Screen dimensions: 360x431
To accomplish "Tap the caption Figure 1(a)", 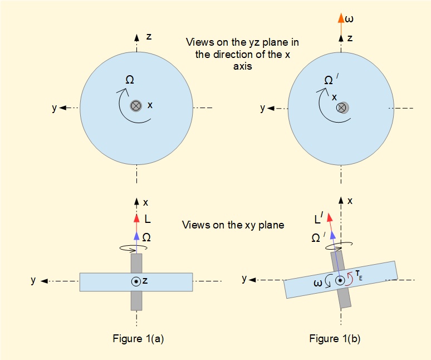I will point(136,338).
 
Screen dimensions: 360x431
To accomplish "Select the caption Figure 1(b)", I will point(340,338).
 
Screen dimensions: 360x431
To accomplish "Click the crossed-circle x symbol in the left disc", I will point(136,105).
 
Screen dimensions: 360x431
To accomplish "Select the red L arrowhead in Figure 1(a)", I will point(136,217).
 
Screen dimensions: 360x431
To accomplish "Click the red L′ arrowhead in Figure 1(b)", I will point(329,217).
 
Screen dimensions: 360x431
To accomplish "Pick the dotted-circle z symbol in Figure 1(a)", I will point(136,281).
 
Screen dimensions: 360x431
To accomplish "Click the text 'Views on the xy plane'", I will point(233,225).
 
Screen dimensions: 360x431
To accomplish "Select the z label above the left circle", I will point(149,37).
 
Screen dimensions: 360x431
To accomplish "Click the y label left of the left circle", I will point(54,108).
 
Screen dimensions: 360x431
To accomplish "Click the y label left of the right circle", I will point(262,108).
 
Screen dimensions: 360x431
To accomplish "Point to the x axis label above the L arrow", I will point(146,202).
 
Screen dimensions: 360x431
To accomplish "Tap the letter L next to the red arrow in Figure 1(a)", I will point(148,219).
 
